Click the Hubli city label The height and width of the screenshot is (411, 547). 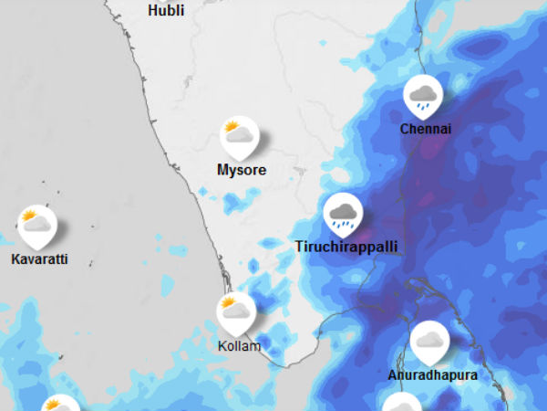point(166,11)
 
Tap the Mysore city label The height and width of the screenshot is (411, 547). point(242,170)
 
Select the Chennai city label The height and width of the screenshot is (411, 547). point(426,129)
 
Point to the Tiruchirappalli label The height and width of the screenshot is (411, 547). point(346,247)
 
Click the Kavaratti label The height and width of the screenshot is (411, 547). point(39,259)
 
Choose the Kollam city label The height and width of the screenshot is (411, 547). point(239,346)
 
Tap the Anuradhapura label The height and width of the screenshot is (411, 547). point(432,375)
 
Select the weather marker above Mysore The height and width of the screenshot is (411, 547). point(240,137)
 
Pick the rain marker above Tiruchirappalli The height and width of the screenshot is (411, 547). point(343,213)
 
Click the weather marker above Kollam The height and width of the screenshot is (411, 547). point(235,311)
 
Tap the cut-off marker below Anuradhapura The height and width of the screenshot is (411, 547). point(402,404)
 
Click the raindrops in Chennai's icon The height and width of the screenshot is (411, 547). point(424,103)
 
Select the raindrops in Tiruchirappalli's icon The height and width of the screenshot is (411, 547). point(344,222)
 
